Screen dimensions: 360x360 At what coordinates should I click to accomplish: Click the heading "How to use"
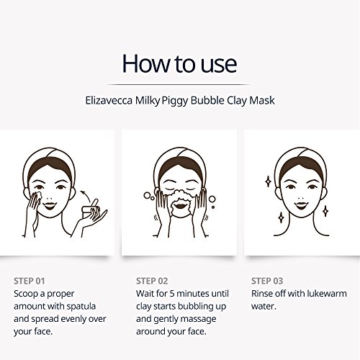(x=179, y=63)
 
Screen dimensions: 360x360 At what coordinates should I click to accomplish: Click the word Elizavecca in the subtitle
(x=109, y=100)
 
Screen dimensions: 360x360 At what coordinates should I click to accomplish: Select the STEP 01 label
(x=30, y=281)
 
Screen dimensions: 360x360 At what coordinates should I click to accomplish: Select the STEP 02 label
(x=152, y=281)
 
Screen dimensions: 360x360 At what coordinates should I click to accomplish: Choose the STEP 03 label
(x=267, y=281)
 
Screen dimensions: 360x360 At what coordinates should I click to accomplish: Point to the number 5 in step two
(x=172, y=294)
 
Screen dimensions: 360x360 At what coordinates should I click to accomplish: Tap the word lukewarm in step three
(x=326, y=294)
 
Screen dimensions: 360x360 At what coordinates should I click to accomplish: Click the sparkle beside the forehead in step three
(x=268, y=181)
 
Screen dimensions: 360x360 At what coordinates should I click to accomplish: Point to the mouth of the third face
(x=301, y=205)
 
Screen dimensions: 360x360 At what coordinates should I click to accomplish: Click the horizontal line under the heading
(x=179, y=85)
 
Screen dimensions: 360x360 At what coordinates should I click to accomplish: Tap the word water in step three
(x=264, y=307)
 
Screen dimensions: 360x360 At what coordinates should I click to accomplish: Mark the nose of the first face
(x=49, y=198)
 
